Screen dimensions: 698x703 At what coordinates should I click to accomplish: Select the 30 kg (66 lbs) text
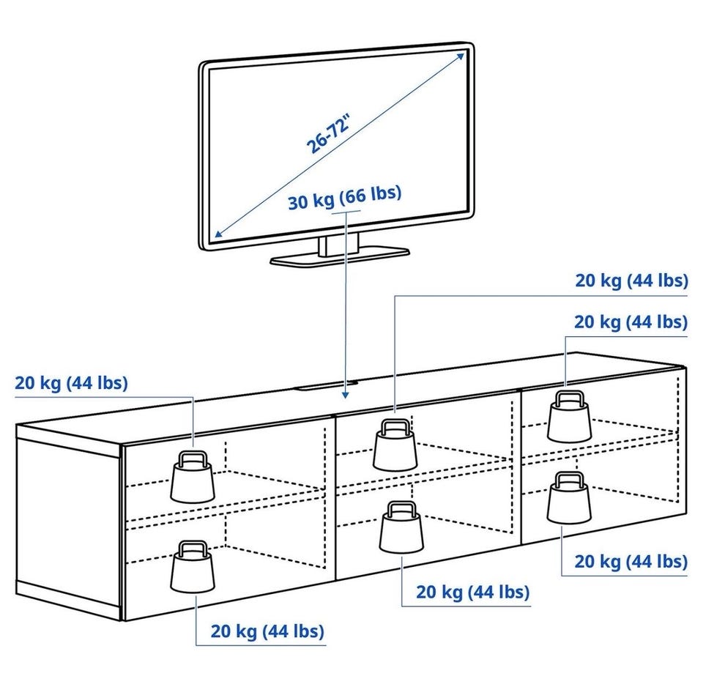(344, 197)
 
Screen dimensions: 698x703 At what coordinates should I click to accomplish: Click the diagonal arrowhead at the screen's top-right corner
(461, 53)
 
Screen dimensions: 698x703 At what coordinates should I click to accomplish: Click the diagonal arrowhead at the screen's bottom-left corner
(217, 236)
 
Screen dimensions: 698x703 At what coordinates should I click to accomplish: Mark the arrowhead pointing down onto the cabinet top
(344, 396)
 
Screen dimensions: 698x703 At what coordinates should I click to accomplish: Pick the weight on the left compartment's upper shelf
(193, 475)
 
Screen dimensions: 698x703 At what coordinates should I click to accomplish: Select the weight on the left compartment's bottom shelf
(193, 565)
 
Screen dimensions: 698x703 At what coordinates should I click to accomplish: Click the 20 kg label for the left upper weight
(71, 382)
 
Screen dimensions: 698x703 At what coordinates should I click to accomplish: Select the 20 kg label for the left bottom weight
(267, 631)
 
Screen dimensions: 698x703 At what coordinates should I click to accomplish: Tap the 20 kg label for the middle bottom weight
(472, 592)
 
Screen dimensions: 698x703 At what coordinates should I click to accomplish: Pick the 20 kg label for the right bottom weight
(630, 561)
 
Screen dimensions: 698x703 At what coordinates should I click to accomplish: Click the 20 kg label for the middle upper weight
(631, 281)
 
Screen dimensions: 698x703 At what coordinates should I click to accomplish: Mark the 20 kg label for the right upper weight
(631, 322)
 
